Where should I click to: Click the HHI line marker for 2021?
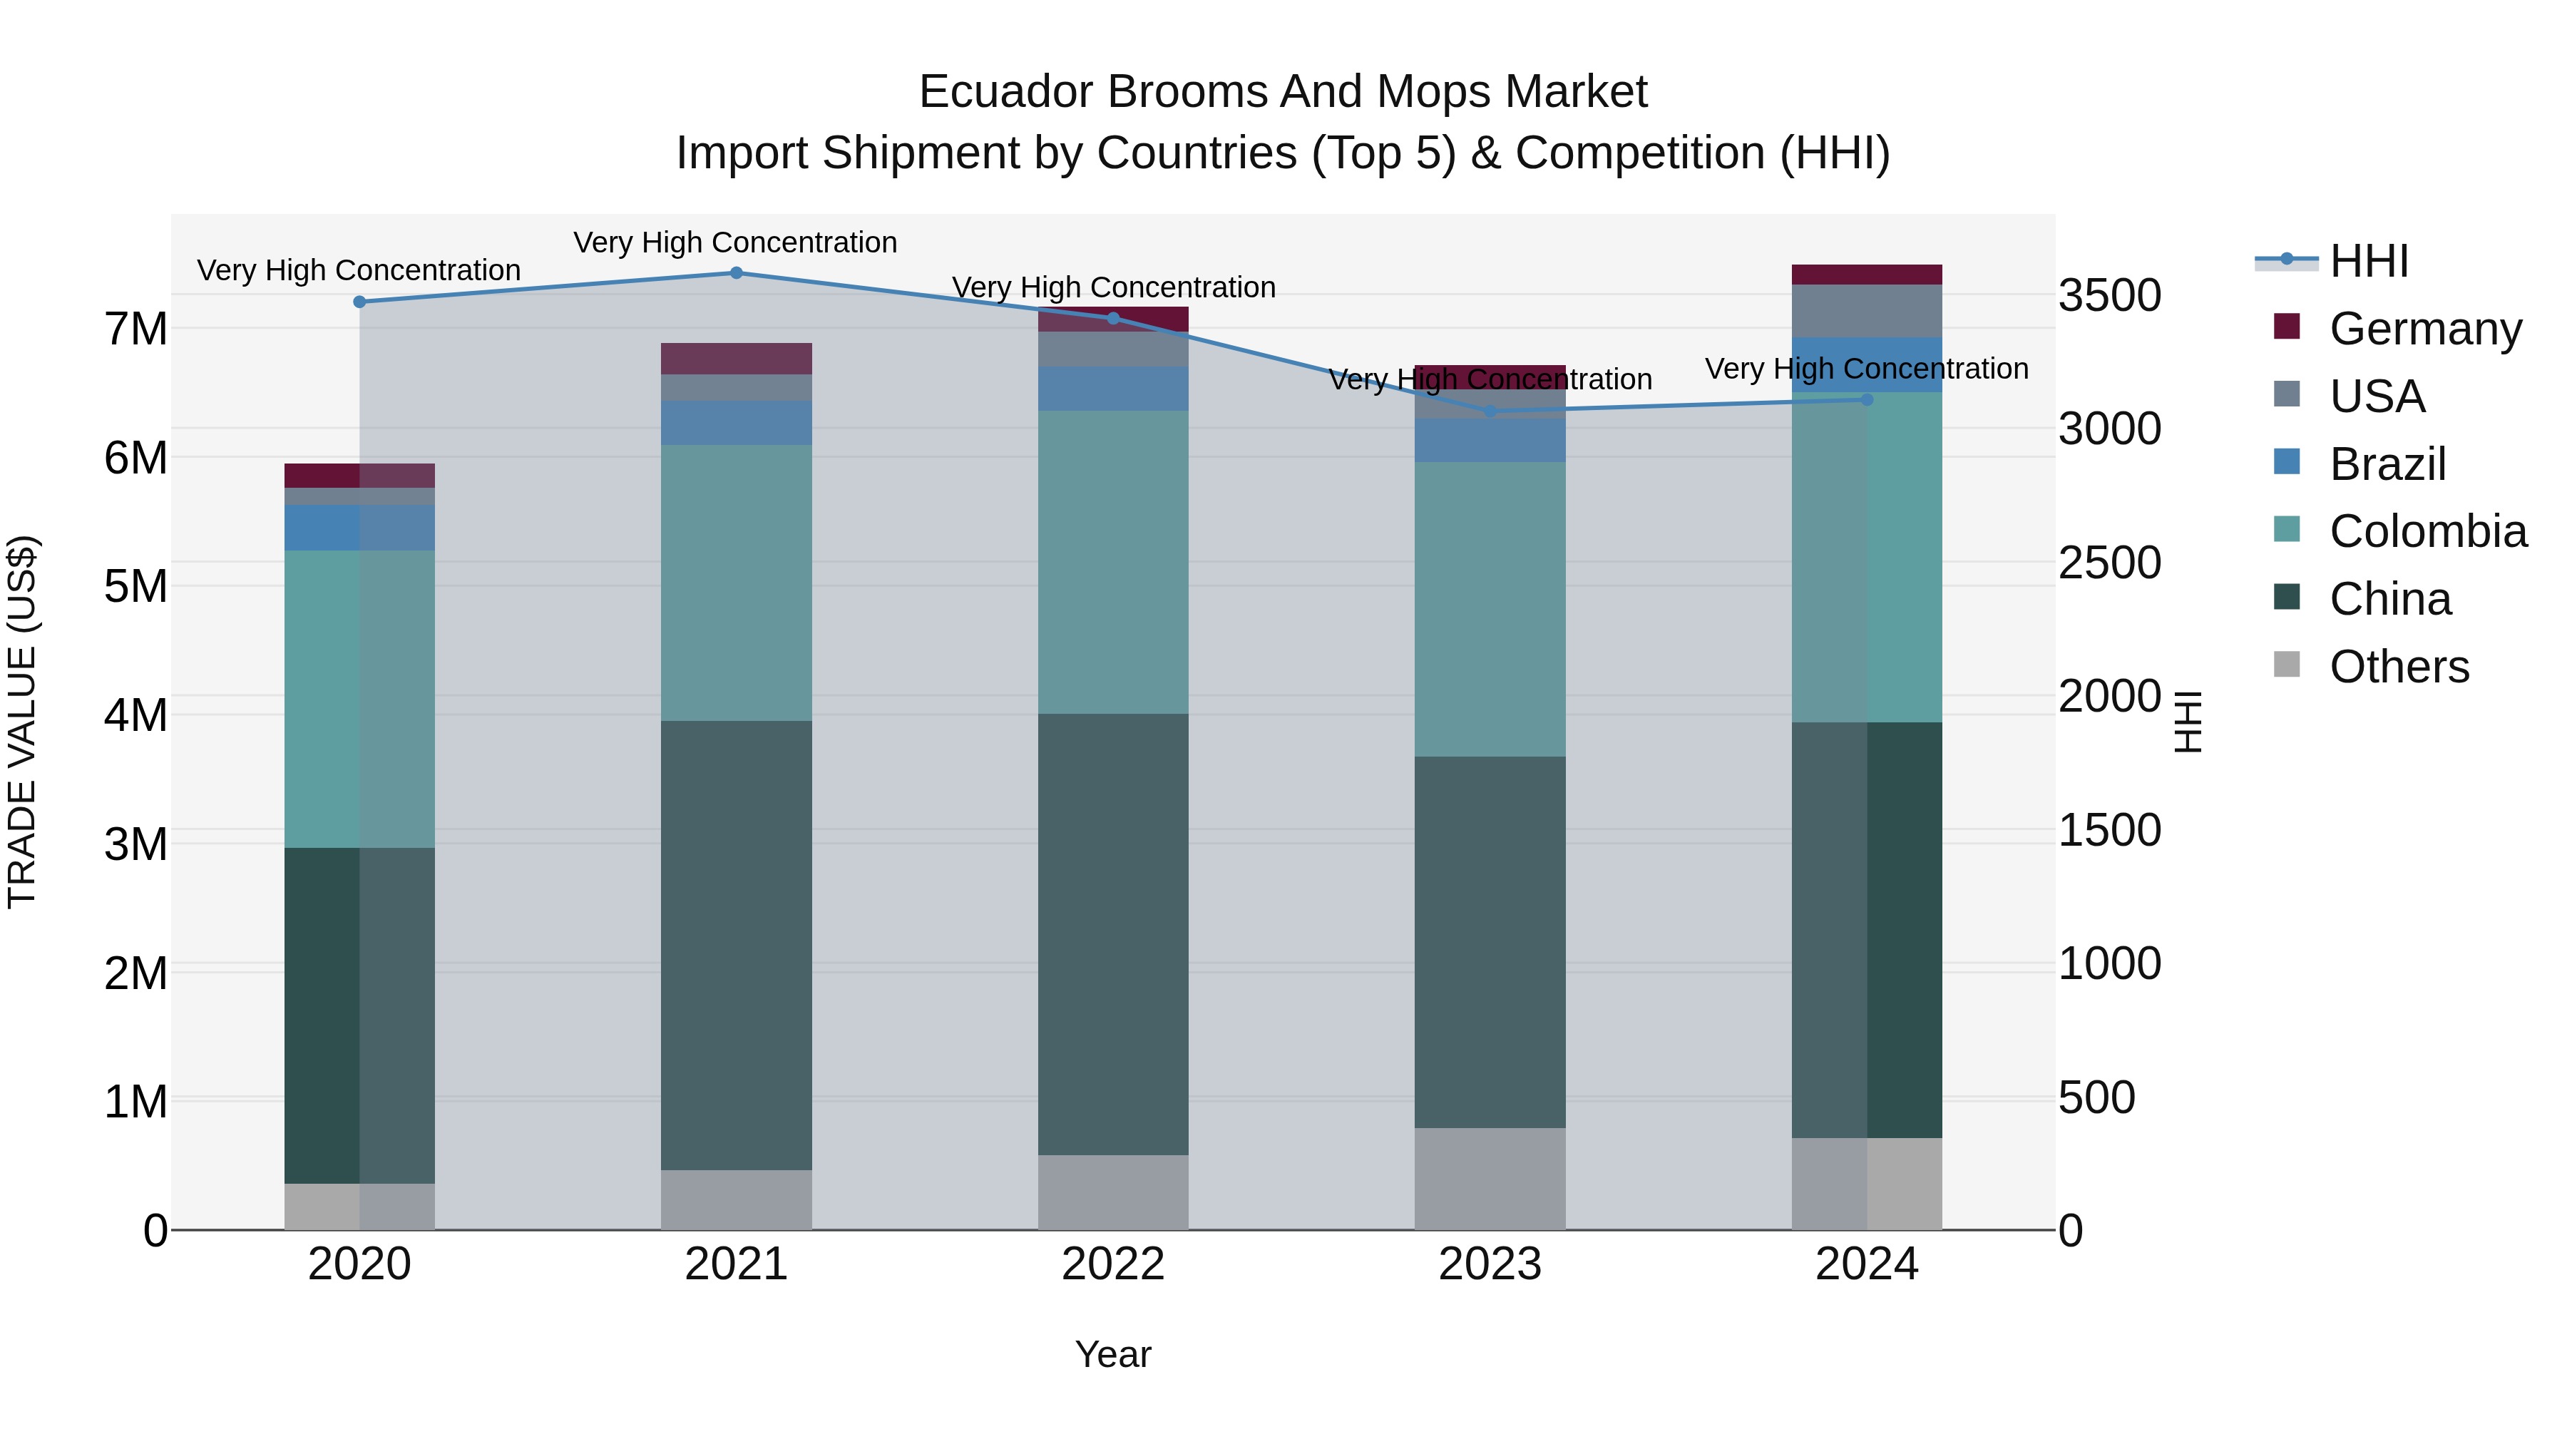click(737, 272)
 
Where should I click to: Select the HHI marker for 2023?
click(1491, 411)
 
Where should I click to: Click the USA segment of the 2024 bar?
click(1867, 311)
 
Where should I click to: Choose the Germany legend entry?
click(2424, 328)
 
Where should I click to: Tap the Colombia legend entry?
click(2427, 531)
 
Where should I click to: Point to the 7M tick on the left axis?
click(135, 329)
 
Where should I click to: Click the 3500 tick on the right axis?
click(2110, 296)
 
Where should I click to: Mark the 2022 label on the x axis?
click(1113, 1264)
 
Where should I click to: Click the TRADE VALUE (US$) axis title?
click(22, 722)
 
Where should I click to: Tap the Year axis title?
click(1113, 1354)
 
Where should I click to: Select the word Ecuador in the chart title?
click(1005, 92)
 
